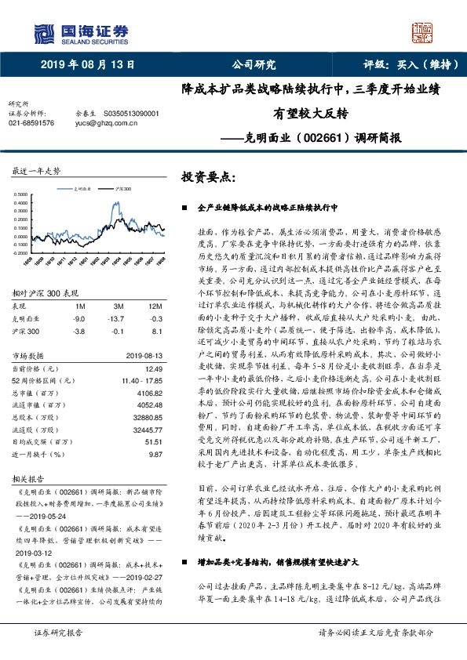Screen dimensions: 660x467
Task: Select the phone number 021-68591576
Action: pos(31,123)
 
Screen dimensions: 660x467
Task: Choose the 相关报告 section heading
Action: pos(26,477)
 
